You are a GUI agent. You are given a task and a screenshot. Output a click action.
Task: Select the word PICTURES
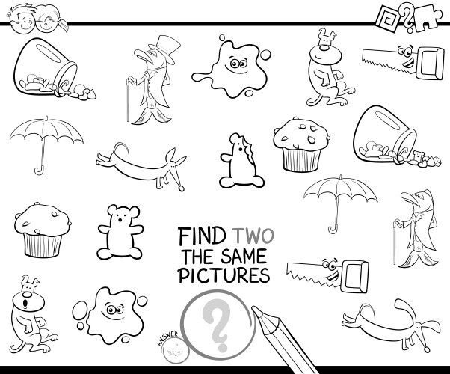224,276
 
